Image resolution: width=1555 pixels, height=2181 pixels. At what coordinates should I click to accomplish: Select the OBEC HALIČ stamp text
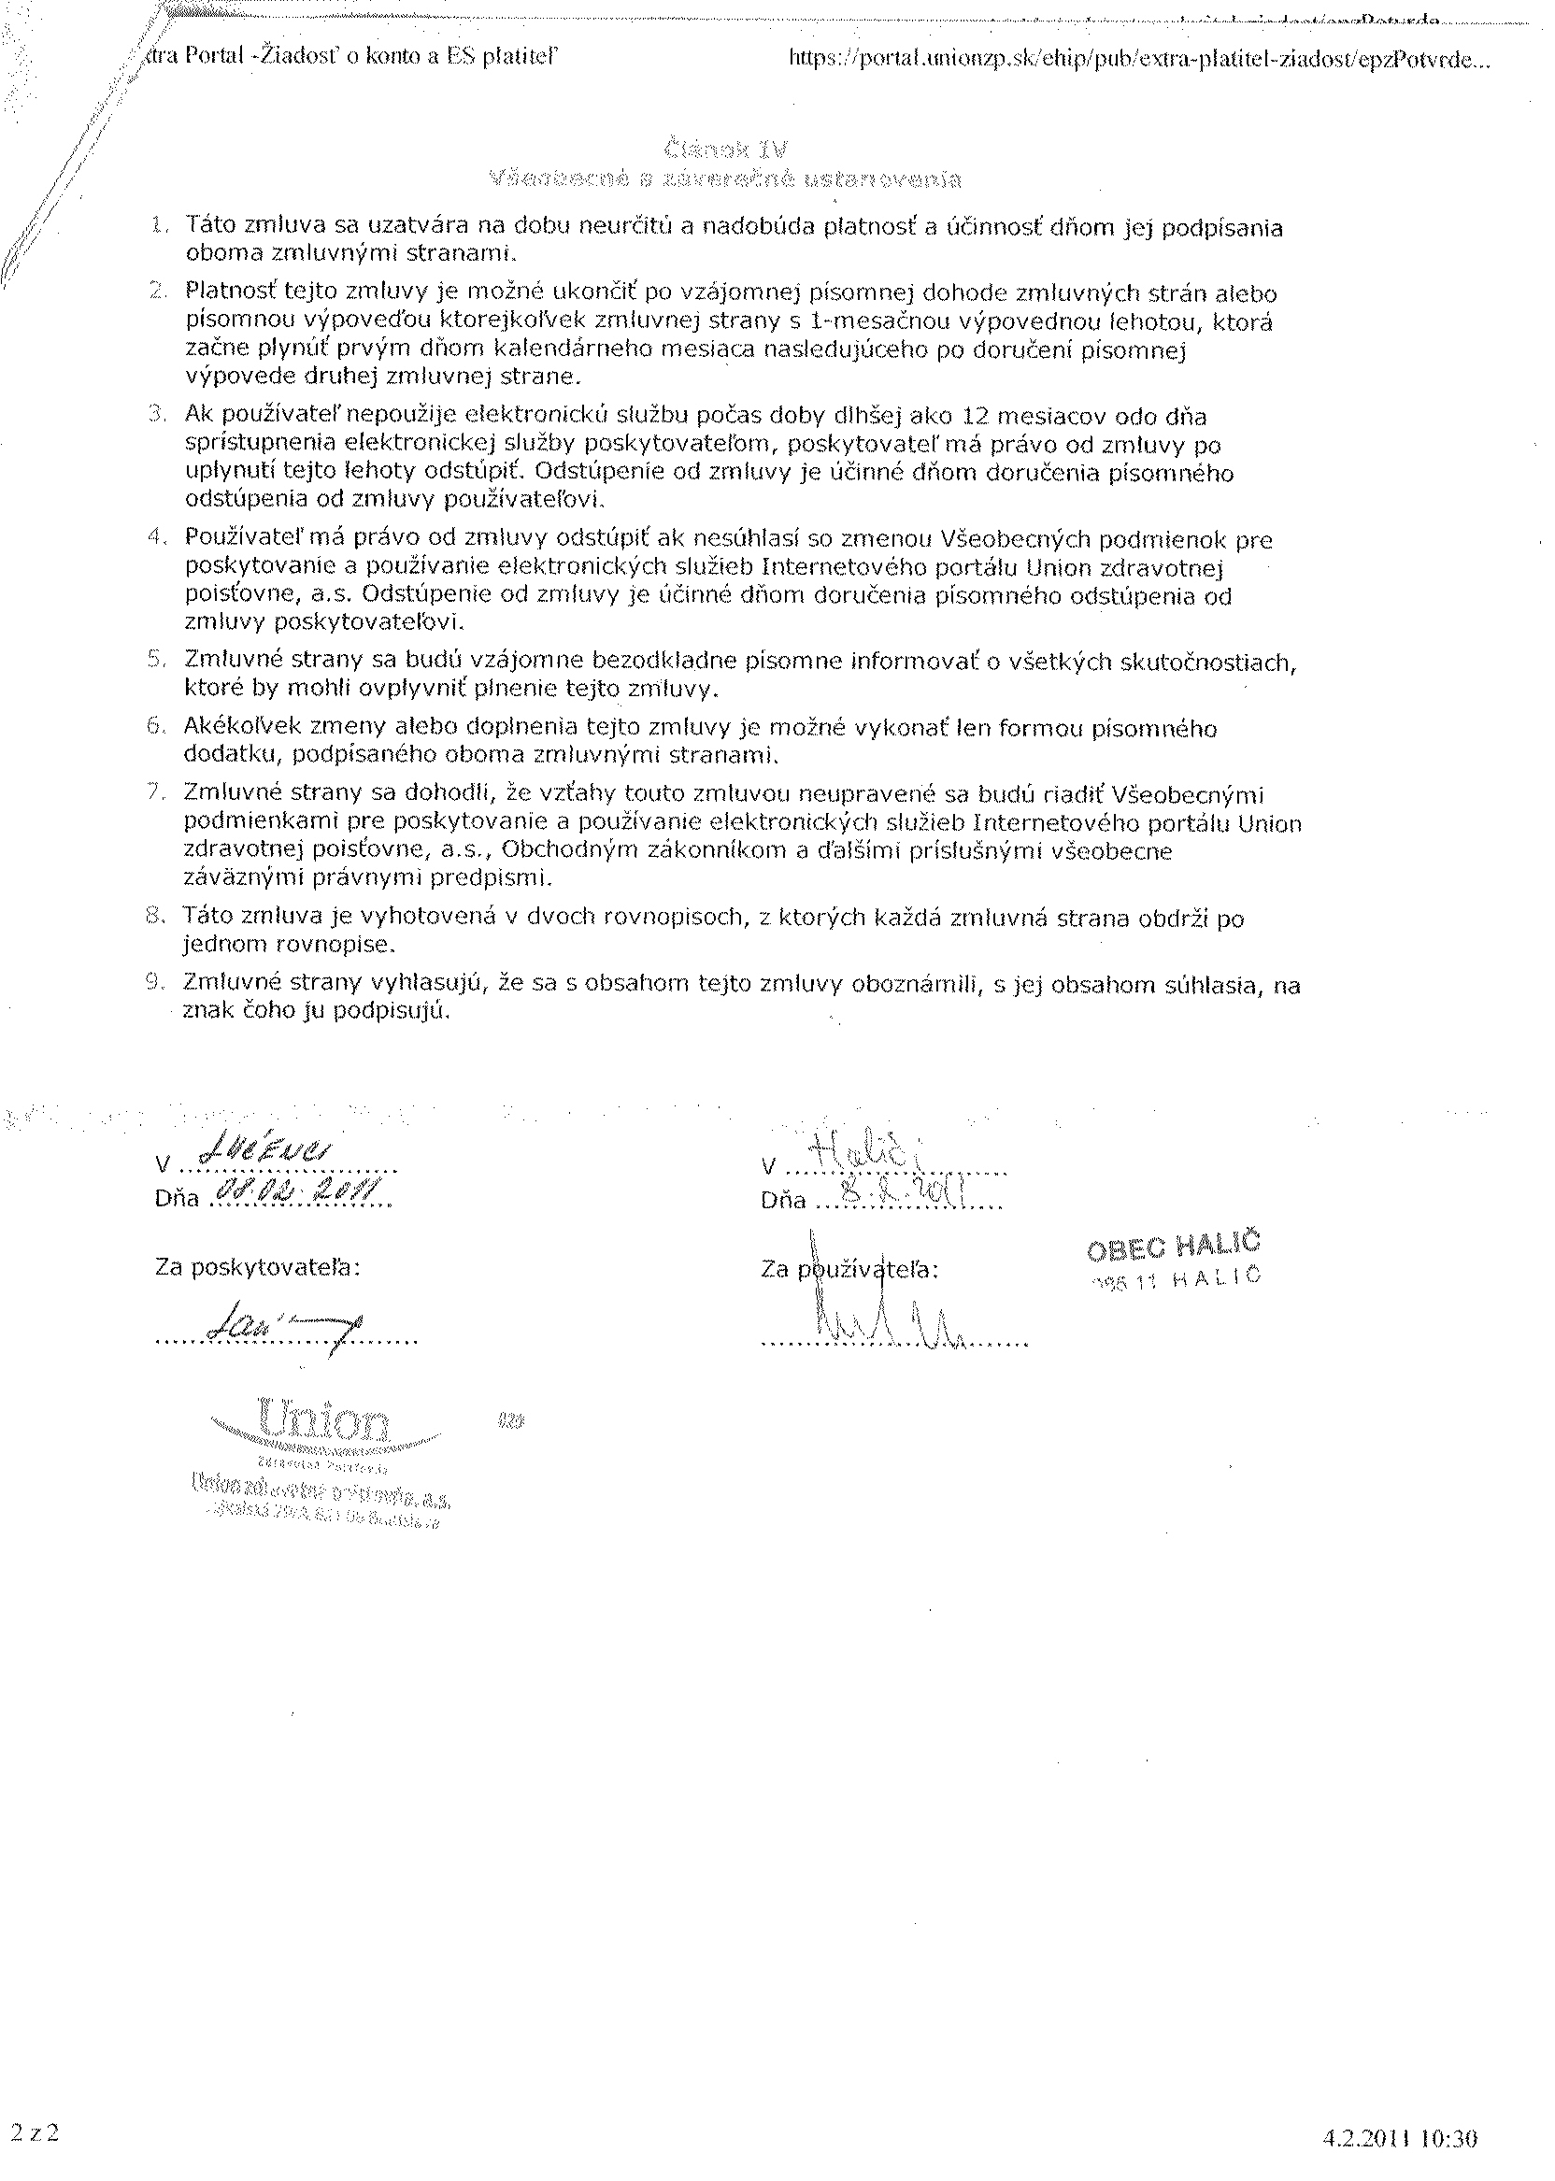pyautogui.click(x=1175, y=1246)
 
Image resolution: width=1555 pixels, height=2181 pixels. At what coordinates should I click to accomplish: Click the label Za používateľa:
pyautogui.click(x=850, y=1270)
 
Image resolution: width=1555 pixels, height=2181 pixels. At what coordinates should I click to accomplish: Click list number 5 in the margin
pyautogui.click(x=157, y=660)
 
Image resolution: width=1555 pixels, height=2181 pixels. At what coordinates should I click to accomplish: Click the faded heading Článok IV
pyautogui.click(x=724, y=149)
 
